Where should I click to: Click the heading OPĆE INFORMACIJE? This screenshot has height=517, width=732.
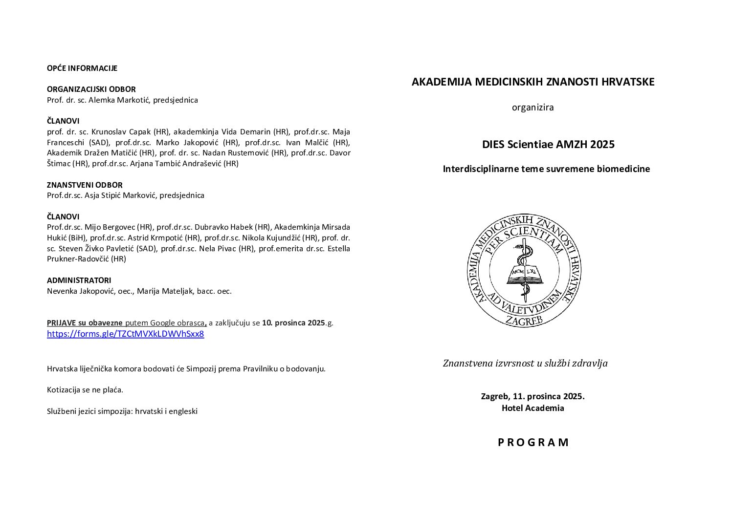(x=82, y=68)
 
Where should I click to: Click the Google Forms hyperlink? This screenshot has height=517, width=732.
(x=125, y=334)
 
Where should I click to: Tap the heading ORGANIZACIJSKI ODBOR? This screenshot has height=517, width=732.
(x=91, y=89)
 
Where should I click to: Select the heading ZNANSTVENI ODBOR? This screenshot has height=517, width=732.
(x=85, y=185)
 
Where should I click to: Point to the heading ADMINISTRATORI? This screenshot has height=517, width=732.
(x=79, y=280)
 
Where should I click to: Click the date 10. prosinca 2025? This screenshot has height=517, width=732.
(x=293, y=323)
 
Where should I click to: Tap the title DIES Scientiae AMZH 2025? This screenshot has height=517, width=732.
(x=548, y=145)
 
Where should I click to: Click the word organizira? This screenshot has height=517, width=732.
(x=532, y=108)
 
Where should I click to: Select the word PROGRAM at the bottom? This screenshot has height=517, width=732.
(x=533, y=443)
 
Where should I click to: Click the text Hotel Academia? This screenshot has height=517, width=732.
(x=532, y=408)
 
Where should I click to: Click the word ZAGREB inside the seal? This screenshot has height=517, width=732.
(x=524, y=320)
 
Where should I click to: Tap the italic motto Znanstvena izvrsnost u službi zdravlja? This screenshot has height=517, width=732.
(x=525, y=363)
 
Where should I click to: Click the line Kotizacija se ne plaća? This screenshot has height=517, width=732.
(x=85, y=390)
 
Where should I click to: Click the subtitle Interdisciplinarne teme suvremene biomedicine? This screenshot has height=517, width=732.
(x=546, y=169)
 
